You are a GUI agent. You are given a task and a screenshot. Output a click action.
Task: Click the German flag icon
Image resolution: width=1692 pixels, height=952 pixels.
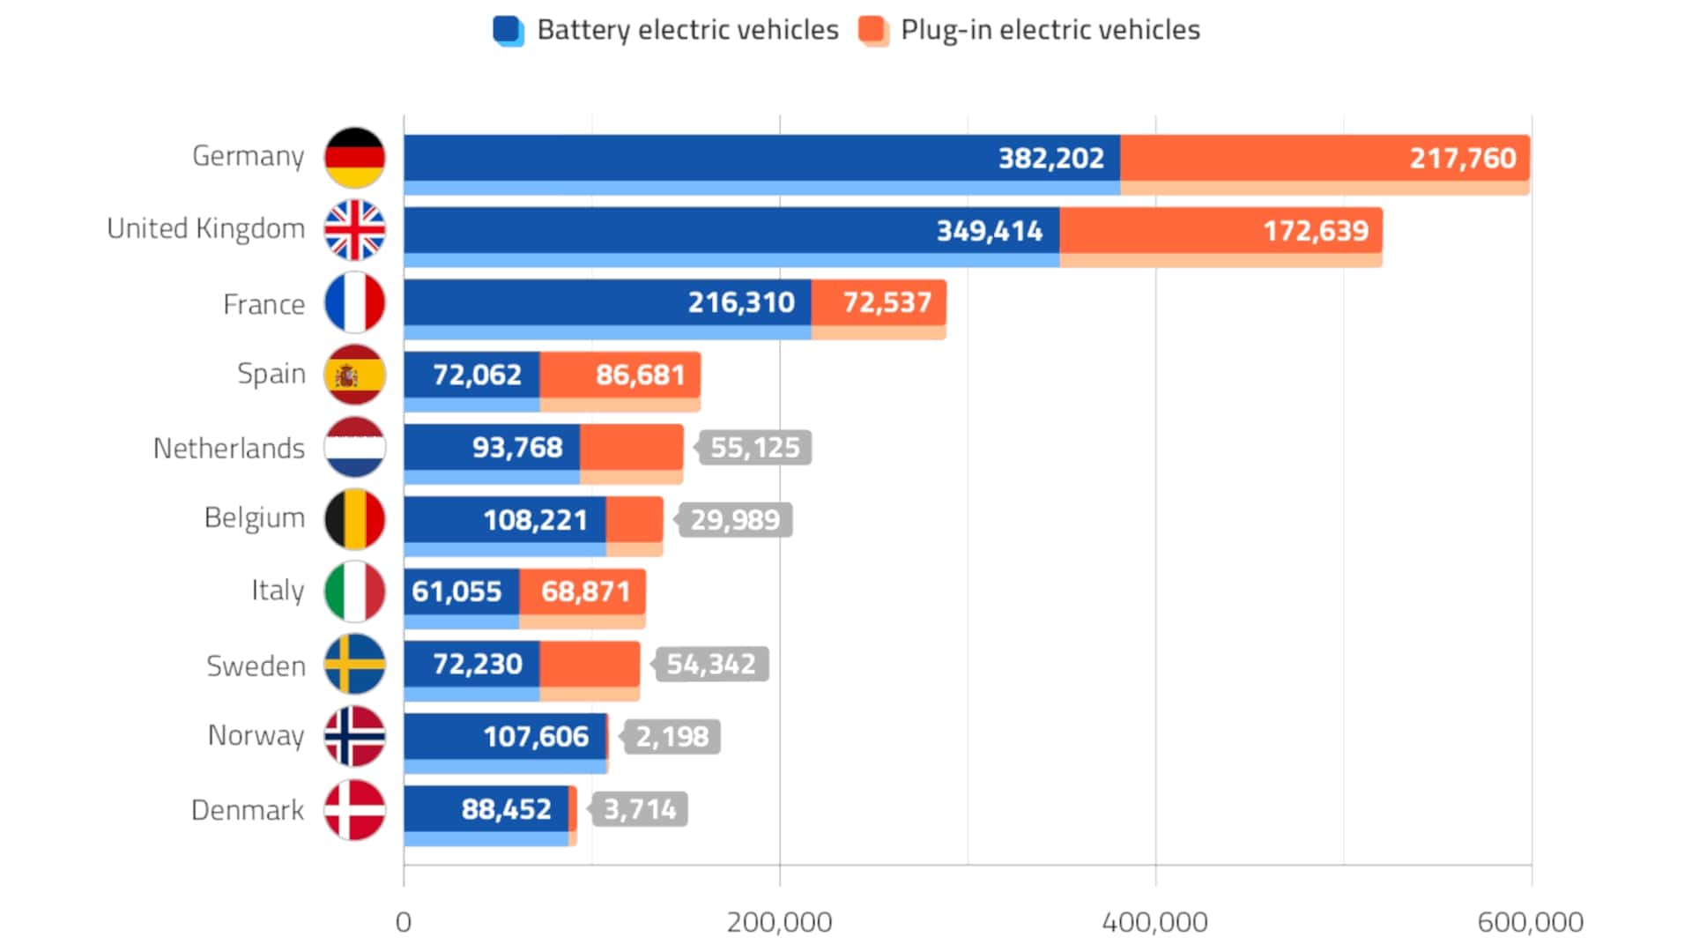coord(354,158)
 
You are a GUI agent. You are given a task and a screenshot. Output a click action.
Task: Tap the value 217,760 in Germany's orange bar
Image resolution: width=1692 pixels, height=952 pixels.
coord(1462,159)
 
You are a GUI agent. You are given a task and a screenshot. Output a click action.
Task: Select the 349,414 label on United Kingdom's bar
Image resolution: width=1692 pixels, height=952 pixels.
coord(989,231)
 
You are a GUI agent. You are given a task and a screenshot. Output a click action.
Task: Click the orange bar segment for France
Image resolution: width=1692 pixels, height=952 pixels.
coord(879,303)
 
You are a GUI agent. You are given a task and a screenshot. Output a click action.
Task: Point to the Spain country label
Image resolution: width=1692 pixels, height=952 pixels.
coord(271,374)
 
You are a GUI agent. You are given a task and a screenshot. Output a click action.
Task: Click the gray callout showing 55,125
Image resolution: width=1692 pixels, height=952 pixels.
coord(754,448)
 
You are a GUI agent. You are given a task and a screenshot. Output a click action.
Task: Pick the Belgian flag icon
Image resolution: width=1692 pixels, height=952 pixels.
coord(354,519)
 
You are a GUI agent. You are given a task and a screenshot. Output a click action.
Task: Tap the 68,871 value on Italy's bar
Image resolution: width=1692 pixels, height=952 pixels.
coord(585,591)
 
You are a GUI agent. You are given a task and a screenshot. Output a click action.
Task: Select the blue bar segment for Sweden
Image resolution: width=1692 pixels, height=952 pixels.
coord(471,665)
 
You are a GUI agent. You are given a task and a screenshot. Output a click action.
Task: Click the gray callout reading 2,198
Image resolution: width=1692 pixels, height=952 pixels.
coord(672,737)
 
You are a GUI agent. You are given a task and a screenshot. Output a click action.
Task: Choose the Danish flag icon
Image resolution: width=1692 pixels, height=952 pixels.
coord(354,809)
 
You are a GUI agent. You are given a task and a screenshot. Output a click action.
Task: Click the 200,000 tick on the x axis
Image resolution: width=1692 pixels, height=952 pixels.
coord(779,922)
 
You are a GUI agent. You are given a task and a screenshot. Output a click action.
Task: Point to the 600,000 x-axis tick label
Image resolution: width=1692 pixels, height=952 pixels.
coord(1530,922)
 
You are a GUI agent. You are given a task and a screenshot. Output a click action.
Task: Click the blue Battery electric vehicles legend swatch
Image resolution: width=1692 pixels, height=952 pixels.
coord(508,30)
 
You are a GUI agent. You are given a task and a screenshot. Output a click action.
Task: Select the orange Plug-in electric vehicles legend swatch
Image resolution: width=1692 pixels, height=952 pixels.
coord(872,30)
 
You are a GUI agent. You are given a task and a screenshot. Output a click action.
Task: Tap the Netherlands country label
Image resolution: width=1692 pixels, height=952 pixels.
coord(229,448)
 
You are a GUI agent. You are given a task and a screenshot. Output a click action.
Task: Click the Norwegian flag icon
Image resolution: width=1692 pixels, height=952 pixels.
coord(354,736)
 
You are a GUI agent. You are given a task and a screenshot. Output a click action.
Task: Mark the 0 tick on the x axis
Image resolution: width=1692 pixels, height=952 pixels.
coord(404,922)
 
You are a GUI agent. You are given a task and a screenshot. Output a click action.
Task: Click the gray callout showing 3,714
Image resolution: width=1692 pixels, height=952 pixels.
coord(640,809)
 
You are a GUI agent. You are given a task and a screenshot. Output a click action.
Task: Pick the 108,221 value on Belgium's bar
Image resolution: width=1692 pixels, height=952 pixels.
coord(535,520)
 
